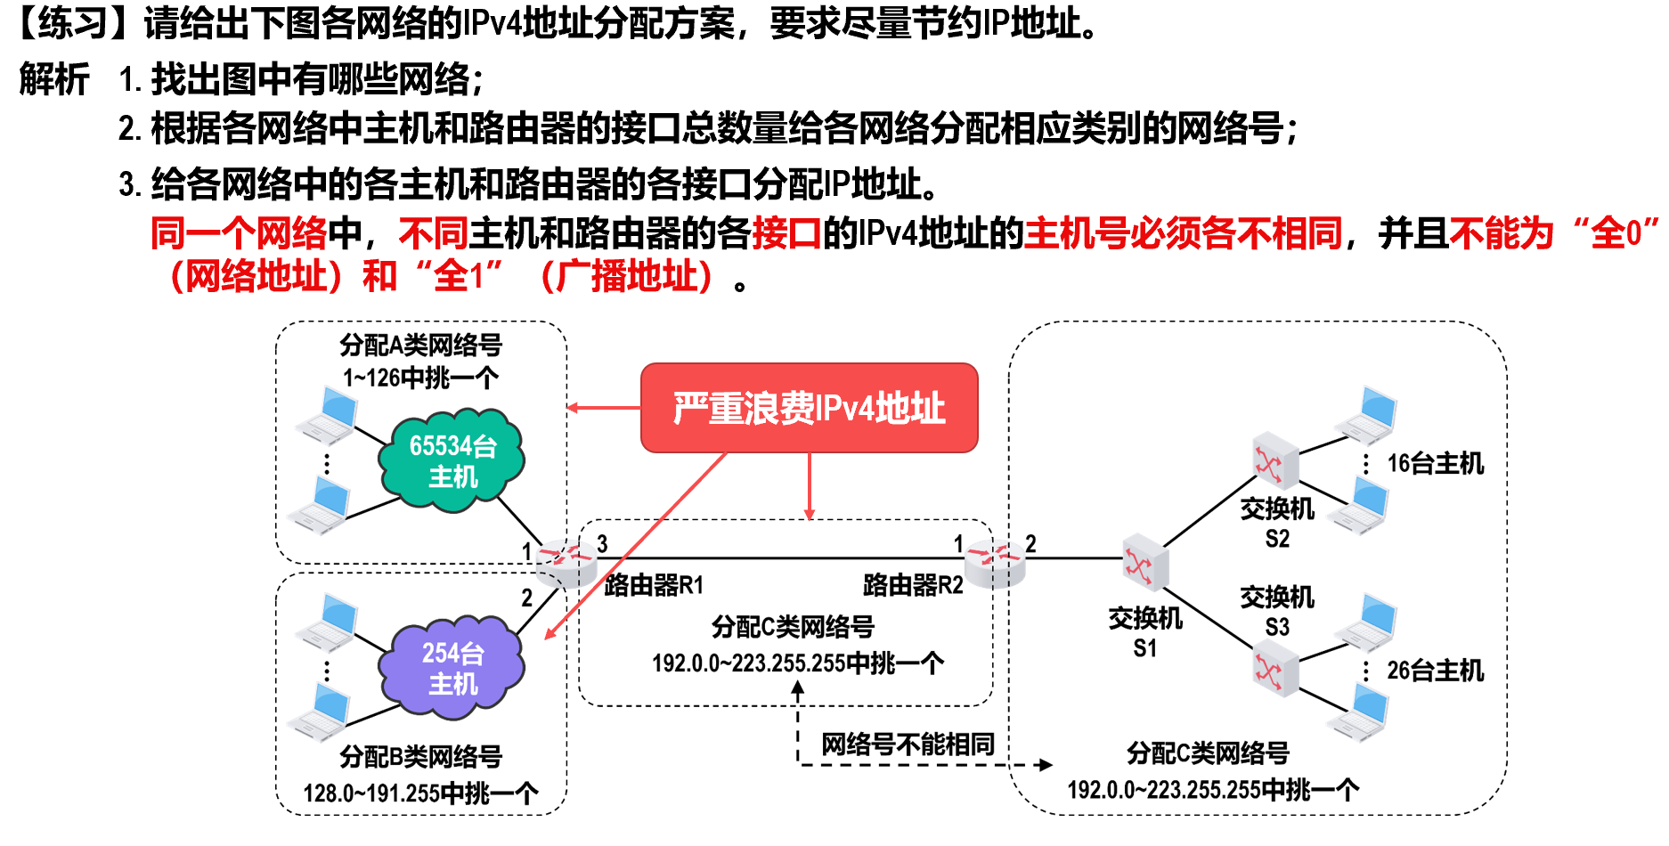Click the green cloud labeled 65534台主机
tap(452, 460)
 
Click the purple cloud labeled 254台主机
tap(452, 668)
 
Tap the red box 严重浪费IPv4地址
tap(809, 408)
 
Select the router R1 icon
tap(566, 562)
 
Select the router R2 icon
tap(995, 562)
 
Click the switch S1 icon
tap(1144, 562)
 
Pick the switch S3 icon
tap(1274, 670)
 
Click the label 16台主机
tap(1435, 463)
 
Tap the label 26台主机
tap(1435, 671)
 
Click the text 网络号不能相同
tap(907, 744)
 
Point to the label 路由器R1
tap(654, 585)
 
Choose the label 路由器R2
tap(913, 585)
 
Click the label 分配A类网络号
tap(420, 345)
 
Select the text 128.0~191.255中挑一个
tap(420, 793)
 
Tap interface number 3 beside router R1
tap(602, 543)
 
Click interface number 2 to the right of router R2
tap(1030, 543)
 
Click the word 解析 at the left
tap(54, 79)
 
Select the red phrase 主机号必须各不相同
tap(1183, 233)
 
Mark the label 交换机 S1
tap(1144, 632)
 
